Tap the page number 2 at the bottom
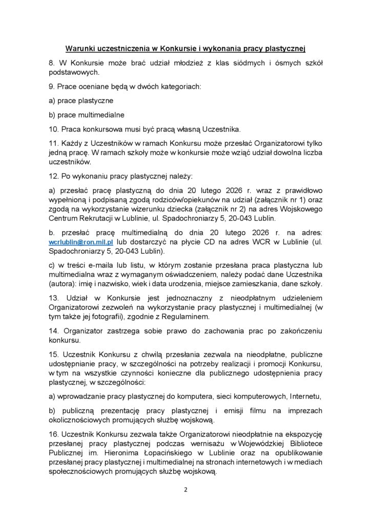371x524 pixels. pos(186,489)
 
